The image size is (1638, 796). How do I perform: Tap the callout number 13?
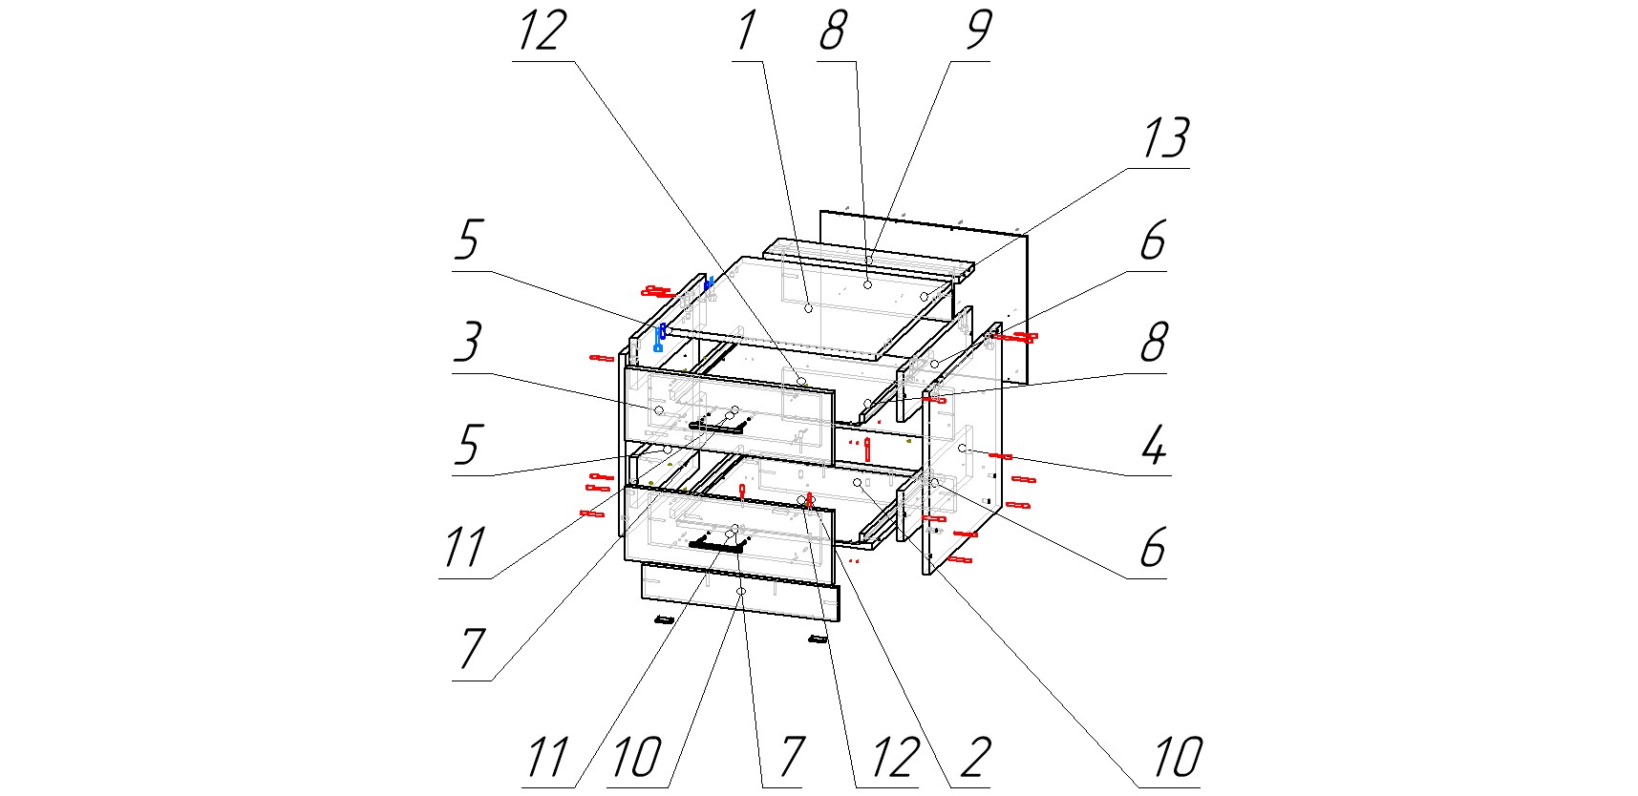[1164, 139]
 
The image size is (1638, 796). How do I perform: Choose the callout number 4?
[1154, 446]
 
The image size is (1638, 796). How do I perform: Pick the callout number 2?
[974, 758]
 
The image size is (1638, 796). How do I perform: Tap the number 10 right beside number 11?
[635, 758]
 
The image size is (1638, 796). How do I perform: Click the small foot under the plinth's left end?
[664, 620]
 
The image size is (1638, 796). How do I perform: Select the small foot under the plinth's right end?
[817, 639]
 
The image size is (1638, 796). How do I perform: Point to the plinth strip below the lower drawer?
[740, 593]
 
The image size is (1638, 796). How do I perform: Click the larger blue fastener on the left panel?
[659, 338]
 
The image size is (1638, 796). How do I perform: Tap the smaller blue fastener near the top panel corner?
[709, 283]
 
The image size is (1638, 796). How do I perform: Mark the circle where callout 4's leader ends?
[962, 448]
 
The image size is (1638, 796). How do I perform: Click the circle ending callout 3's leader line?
[659, 409]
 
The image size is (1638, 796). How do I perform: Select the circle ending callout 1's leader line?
[808, 307]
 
